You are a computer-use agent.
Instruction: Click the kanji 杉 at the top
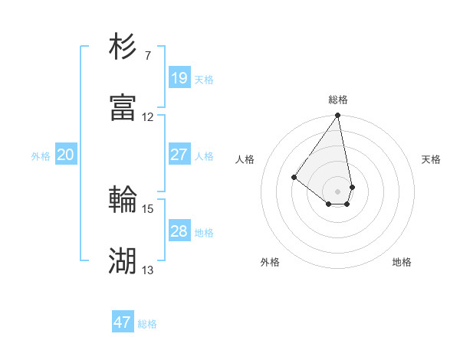point(123,47)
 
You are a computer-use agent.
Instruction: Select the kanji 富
point(123,108)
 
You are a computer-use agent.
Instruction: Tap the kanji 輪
point(123,200)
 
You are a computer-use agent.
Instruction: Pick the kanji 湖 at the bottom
point(123,261)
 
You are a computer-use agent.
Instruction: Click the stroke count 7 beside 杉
point(147,55)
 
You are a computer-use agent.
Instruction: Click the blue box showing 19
point(179,78)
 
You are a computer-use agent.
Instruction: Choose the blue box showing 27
point(179,155)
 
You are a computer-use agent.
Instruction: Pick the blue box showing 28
point(179,231)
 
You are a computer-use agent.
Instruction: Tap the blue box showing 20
point(65,155)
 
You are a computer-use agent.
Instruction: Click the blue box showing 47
point(123,322)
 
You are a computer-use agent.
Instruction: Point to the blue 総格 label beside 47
point(147,324)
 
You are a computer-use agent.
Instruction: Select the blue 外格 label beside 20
point(41,156)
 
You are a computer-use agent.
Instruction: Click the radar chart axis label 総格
point(338,100)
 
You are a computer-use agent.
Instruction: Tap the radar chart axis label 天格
point(431,159)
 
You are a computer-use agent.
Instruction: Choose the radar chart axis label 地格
point(402,262)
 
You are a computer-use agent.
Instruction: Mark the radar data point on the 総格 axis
point(338,116)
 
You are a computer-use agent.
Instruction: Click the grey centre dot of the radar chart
point(338,191)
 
